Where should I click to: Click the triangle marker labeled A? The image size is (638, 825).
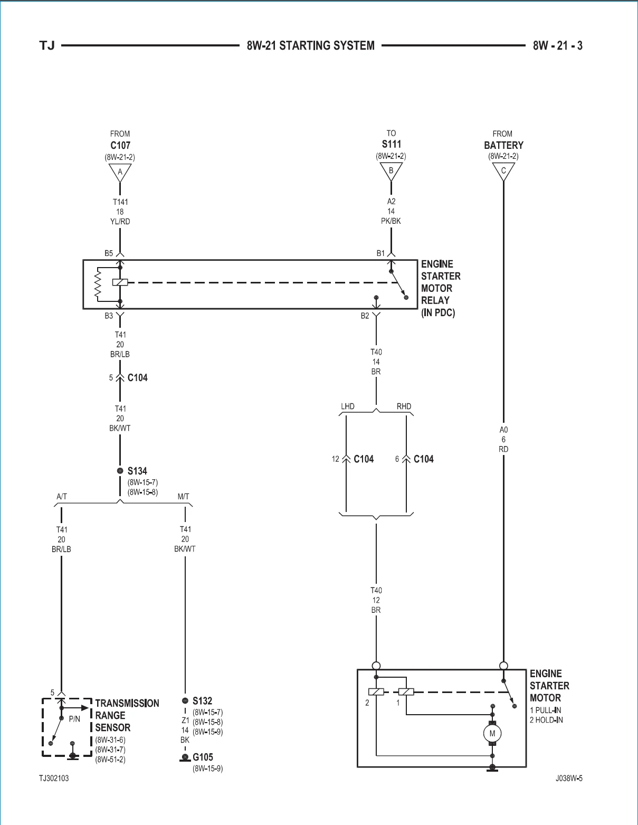[120, 173]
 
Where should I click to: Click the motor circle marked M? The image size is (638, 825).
[492, 734]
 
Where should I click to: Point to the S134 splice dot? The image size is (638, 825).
[120, 471]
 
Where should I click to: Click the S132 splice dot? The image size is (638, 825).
[185, 700]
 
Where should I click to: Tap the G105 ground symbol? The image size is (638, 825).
[185, 757]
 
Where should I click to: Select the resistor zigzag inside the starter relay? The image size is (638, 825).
[98, 285]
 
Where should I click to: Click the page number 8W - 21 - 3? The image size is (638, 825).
[558, 45]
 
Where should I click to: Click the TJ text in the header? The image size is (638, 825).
[47, 45]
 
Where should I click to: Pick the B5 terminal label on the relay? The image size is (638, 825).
[109, 253]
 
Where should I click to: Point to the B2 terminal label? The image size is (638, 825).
[365, 316]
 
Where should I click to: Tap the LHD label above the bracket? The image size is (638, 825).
[348, 406]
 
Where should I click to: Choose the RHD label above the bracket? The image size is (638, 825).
[404, 406]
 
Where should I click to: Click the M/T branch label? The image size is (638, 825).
[183, 497]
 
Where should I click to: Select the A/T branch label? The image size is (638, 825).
[62, 497]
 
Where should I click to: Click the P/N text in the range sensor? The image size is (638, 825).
[74, 719]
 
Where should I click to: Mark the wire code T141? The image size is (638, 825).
[120, 202]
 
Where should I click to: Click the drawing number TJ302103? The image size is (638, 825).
[54, 779]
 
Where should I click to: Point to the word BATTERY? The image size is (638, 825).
[503, 145]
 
